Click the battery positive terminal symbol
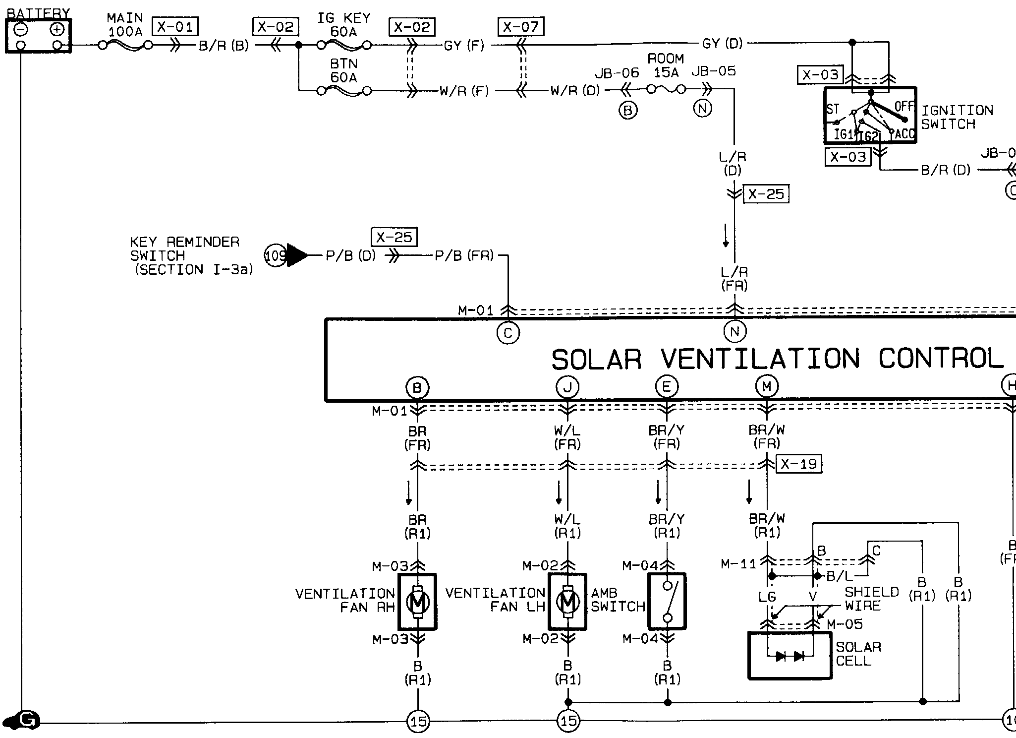click(x=57, y=29)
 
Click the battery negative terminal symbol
click(x=21, y=29)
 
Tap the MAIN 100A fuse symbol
click(x=125, y=46)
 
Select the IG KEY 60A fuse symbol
click(x=343, y=46)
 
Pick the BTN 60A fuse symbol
click(x=343, y=91)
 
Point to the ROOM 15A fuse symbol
click(x=666, y=90)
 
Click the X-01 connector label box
click(x=175, y=26)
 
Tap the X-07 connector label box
click(x=521, y=26)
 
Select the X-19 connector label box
click(x=798, y=464)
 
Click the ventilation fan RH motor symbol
click(x=417, y=602)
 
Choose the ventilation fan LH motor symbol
click(x=567, y=602)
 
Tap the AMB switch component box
click(x=667, y=602)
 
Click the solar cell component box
click(x=790, y=655)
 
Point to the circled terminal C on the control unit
click(x=508, y=333)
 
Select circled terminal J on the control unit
click(x=567, y=387)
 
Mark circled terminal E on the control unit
click(x=667, y=386)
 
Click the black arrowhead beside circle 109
click(x=297, y=255)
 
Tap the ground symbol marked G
click(x=24, y=721)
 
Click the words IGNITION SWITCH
click(x=957, y=118)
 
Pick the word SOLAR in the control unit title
click(x=596, y=360)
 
